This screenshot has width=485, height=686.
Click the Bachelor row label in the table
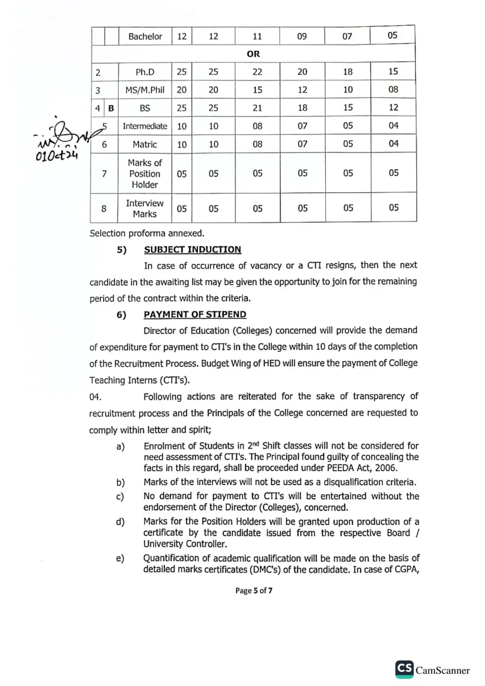(145, 36)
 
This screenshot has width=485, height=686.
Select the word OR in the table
(253, 54)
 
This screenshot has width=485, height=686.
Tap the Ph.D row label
(144, 72)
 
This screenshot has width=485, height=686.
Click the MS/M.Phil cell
(144, 90)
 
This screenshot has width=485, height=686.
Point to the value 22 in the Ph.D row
(257, 72)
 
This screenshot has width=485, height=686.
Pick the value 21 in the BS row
(257, 108)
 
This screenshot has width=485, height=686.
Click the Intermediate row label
(144, 126)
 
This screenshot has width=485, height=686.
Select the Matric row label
(144, 144)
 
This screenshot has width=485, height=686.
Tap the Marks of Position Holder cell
(144, 174)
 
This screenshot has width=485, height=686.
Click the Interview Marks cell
(144, 208)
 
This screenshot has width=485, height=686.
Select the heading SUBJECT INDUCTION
(192, 250)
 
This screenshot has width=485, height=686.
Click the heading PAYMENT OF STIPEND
(195, 315)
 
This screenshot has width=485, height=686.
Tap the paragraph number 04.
(96, 397)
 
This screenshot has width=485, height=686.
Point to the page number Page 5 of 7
(254, 590)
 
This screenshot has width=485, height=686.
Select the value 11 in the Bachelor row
(257, 36)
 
